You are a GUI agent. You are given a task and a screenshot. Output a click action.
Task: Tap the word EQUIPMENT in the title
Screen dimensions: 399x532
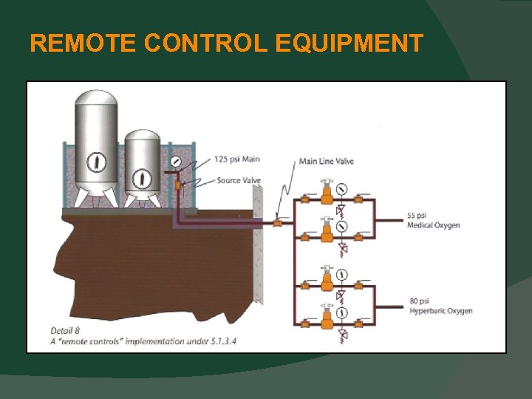349,44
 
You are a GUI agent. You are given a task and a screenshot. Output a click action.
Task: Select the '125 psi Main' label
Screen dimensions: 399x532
236,159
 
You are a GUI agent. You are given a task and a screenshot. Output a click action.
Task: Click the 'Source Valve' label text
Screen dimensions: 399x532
239,180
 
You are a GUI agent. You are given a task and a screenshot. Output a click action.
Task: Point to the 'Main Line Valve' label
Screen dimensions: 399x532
327,161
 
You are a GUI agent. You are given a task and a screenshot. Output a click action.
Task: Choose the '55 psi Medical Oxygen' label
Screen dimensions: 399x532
433,220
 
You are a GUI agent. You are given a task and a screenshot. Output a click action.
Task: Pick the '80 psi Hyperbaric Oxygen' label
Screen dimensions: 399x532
440,306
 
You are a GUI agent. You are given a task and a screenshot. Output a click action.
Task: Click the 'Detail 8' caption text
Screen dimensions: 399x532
65,330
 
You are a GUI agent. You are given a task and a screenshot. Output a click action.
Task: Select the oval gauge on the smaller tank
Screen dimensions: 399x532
142,178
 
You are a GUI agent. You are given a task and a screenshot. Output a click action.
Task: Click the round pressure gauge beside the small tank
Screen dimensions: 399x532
175,161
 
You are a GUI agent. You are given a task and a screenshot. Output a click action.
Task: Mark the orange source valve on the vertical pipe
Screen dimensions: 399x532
178,183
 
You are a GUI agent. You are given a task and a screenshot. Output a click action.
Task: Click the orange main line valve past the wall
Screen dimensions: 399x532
277,222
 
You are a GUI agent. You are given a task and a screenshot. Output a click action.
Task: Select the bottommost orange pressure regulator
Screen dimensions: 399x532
327,318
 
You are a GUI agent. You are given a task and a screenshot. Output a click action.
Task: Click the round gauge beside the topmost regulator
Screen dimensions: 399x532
341,189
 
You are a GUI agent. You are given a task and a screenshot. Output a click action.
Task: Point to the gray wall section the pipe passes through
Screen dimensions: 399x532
258,244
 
